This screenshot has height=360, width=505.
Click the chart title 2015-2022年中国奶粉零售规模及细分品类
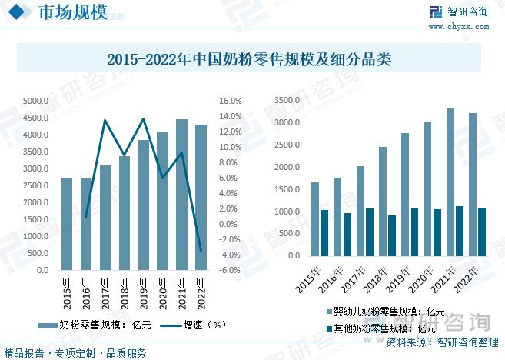click(249, 58)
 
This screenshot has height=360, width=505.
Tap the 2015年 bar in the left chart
click(67, 224)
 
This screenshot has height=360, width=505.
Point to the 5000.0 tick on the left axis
click(36, 101)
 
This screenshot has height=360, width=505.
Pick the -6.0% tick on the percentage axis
click(231, 270)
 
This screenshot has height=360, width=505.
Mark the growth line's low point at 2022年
click(201, 251)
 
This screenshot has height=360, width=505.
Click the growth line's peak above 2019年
click(143, 118)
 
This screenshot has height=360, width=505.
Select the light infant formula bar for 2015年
click(315, 220)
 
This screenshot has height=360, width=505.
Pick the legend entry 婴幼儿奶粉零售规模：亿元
click(385, 312)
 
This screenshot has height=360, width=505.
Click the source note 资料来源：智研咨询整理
click(437, 342)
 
